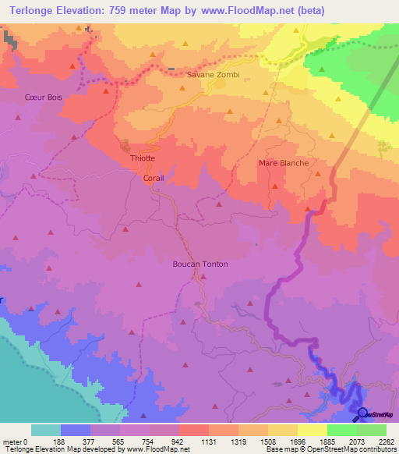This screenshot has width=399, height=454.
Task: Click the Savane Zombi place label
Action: (214, 75)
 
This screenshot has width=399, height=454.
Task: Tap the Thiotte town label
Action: (143, 158)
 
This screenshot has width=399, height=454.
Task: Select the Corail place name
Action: (153, 178)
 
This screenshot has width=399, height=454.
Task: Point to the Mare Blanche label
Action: (284, 163)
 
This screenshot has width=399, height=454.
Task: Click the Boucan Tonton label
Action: (200, 264)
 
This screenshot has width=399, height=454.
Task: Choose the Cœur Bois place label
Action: (43, 97)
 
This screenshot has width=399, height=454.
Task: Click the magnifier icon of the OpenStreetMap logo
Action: (362, 413)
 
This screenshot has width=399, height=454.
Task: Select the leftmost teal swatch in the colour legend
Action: (46, 430)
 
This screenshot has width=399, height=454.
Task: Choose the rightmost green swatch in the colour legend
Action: (372, 430)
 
